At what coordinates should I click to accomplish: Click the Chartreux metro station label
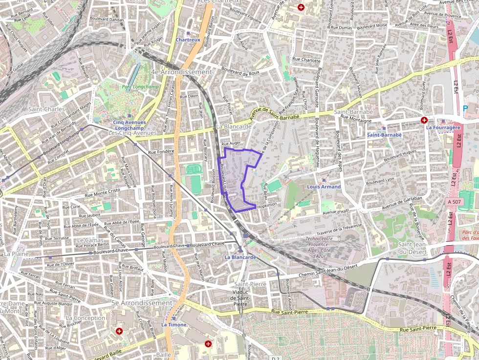point(188,40)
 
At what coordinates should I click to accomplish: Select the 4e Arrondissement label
point(182,72)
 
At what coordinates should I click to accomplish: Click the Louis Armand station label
point(324,187)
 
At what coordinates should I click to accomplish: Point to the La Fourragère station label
point(443,127)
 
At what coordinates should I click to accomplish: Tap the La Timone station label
point(174,324)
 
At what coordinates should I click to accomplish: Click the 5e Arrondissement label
point(142,303)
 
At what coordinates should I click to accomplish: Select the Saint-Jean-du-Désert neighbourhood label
point(413,248)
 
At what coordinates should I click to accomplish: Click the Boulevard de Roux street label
point(239,70)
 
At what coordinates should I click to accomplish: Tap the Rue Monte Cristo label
point(102,192)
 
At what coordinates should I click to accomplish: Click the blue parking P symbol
point(465,108)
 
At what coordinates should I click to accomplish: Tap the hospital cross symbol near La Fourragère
point(424,120)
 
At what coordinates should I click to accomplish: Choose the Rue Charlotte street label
point(306,61)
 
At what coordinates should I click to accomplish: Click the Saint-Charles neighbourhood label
point(47,109)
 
